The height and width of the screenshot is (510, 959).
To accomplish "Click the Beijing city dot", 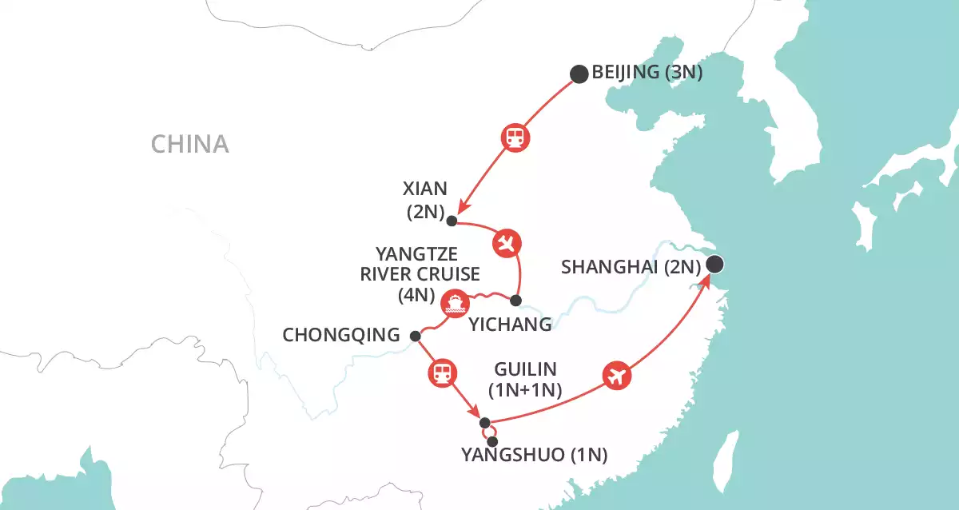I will pos(579,74).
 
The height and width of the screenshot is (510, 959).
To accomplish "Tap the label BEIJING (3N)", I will pos(647,74).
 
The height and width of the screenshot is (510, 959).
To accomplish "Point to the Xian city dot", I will pos(452,221).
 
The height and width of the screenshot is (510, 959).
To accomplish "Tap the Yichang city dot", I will pos(515,301).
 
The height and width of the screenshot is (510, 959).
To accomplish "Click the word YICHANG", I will pos(510,325).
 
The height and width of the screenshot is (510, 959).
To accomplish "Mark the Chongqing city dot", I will pos(414,336).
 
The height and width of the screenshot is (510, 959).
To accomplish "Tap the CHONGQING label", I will pos(340,336).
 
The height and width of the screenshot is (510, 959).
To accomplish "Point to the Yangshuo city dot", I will pos(492,441).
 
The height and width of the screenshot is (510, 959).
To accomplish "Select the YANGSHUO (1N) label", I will pos(535,456).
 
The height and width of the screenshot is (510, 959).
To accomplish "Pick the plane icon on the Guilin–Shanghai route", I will pos(615,375).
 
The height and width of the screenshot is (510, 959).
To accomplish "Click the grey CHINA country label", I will pos(190,144).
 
